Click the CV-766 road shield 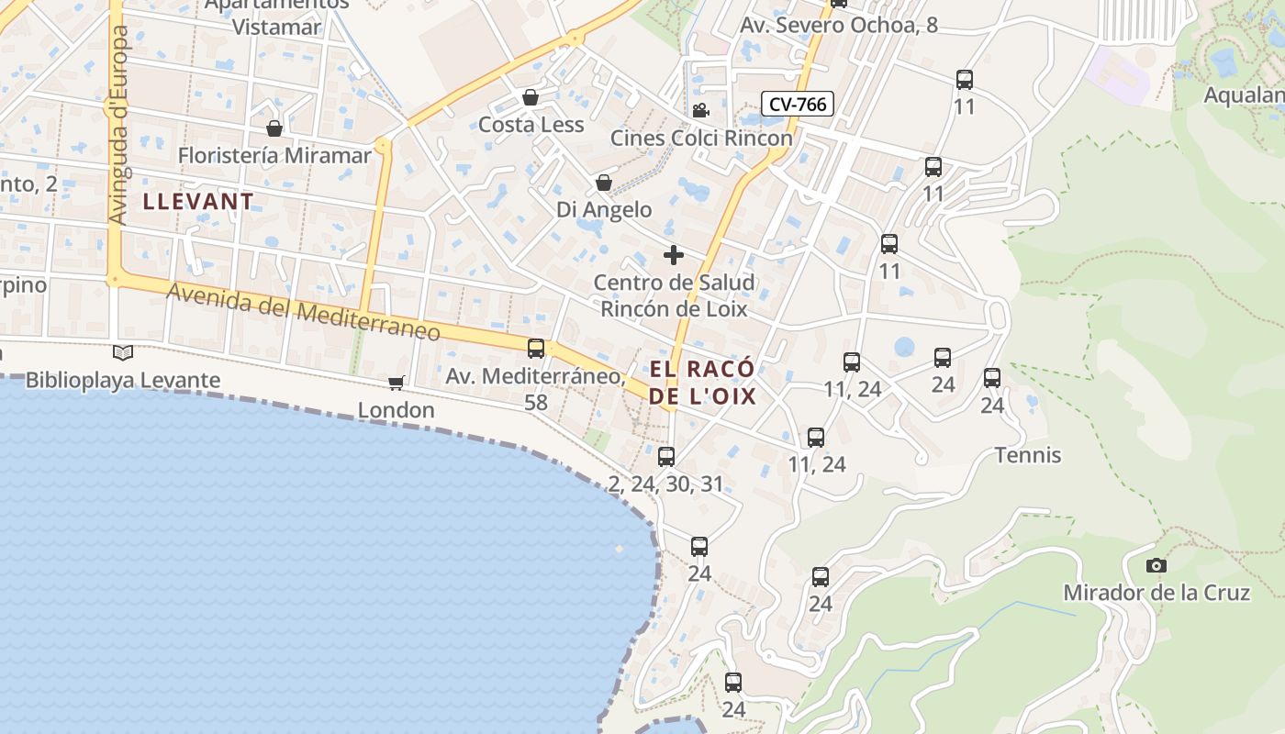point(797,104)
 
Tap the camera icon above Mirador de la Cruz point(1156,565)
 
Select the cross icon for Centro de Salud point(674,255)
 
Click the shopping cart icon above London point(396,383)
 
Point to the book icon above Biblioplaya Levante point(123,352)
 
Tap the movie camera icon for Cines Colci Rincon point(700,111)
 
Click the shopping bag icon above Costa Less point(531,97)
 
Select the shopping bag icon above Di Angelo point(604,183)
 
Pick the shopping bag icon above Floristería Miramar point(274,128)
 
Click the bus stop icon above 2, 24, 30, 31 point(666,456)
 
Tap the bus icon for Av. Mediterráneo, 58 point(536,349)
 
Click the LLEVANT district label point(198,202)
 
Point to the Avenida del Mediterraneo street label point(304,312)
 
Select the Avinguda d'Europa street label point(119,125)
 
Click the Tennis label point(1028,455)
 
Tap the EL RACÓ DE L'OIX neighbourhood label point(702,383)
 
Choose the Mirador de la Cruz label point(1156,593)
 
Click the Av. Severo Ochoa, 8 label point(839,25)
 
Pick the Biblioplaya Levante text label point(123,380)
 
